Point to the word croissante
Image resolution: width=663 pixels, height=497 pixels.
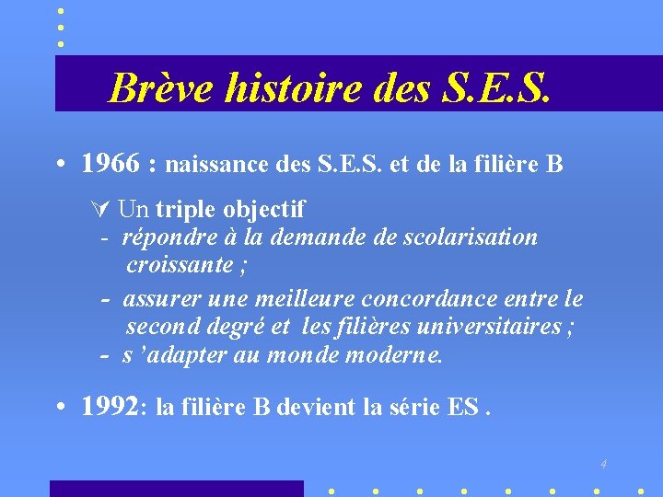179,266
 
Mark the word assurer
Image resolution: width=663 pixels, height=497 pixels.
162,299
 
